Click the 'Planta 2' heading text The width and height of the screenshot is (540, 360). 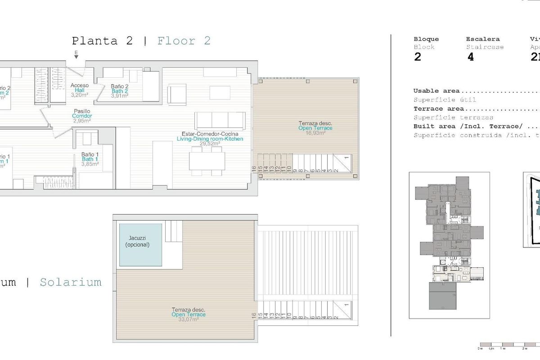pos(102,41)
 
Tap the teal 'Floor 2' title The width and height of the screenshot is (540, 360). pos(184,41)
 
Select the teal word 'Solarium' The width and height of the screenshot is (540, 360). pos(70,283)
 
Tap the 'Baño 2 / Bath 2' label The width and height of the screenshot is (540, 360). pos(120,91)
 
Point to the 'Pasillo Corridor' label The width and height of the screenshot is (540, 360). pos(82,116)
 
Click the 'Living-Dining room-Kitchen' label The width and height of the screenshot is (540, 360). pos(210,139)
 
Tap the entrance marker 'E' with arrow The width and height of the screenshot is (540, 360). pos(76,56)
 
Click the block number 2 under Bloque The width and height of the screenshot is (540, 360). pos(417,58)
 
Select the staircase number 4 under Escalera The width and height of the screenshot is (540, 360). pos(471,58)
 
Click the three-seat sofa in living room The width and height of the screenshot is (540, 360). pos(220,120)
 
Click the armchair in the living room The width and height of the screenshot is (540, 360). pos(176,94)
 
